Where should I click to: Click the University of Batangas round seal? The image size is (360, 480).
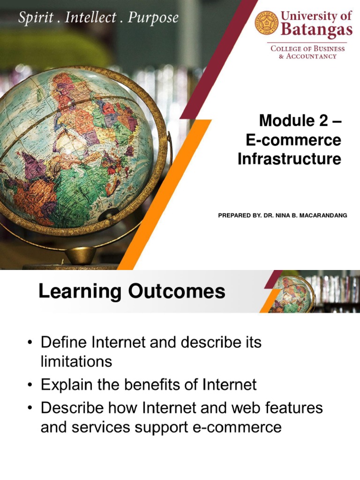[x=267, y=23]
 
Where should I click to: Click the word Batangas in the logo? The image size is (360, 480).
[x=316, y=30]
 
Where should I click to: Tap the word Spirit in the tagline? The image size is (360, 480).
[x=34, y=18]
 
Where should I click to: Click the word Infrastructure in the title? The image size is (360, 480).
[x=289, y=159]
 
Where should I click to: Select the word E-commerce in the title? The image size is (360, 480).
[x=293, y=140]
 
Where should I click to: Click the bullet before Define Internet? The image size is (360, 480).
[x=30, y=343]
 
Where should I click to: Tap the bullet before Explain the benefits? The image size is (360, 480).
[x=30, y=385]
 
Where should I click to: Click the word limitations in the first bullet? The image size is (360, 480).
[x=76, y=361]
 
